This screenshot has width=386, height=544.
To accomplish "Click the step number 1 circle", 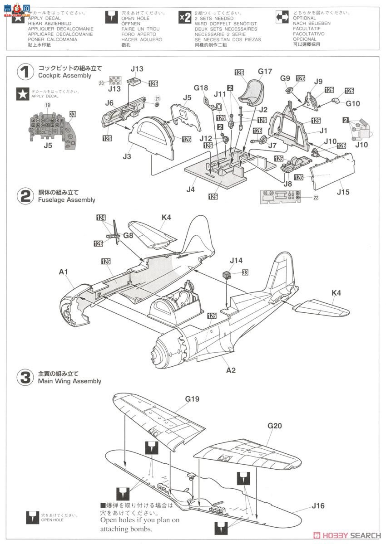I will click(x=25, y=72).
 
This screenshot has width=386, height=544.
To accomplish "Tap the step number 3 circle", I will click(x=25, y=377).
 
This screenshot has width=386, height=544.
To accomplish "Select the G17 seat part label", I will click(x=265, y=71).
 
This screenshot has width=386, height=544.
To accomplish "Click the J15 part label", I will click(x=344, y=192).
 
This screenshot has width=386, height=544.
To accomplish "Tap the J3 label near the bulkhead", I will click(x=127, y=156).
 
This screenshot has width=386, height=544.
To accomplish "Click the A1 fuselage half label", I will click(x=63, y=272).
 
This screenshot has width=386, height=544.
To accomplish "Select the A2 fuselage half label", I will click(x=231, y=370).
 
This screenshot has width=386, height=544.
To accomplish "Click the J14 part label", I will click(x=236, y=260).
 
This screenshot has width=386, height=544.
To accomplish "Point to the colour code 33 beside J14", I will click(x=245, y=272).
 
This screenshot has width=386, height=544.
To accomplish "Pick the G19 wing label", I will click(x=192, y=399).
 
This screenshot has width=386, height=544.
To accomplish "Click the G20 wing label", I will click(x=275, y=426).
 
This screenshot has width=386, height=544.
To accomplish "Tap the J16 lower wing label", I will click(x=318, y=506).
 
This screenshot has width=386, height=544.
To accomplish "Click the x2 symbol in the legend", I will click(x=185, y=17).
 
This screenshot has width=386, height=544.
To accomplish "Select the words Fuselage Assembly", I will click(x=67, y=200).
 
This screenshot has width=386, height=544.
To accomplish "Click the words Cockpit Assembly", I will click(x=64, y=76).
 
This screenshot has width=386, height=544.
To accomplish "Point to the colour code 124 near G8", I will click(x=100, y=218).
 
